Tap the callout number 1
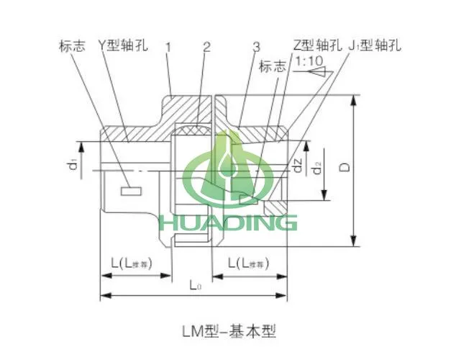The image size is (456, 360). pyautogui.click(x=168, y=47)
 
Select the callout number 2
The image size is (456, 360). pyautogui.click(x=206, y=47)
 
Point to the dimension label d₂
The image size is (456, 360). pyautogui.click(x=318, y=170)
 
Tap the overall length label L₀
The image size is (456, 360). pyautogui.click(x=196, y=286)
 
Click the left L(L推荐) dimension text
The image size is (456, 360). pyautogui.click(x=135, y=264)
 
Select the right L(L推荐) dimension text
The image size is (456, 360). pyautogui.click(x=248, y=264)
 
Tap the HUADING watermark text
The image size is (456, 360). pyautogui.click(x=229, y=221)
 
